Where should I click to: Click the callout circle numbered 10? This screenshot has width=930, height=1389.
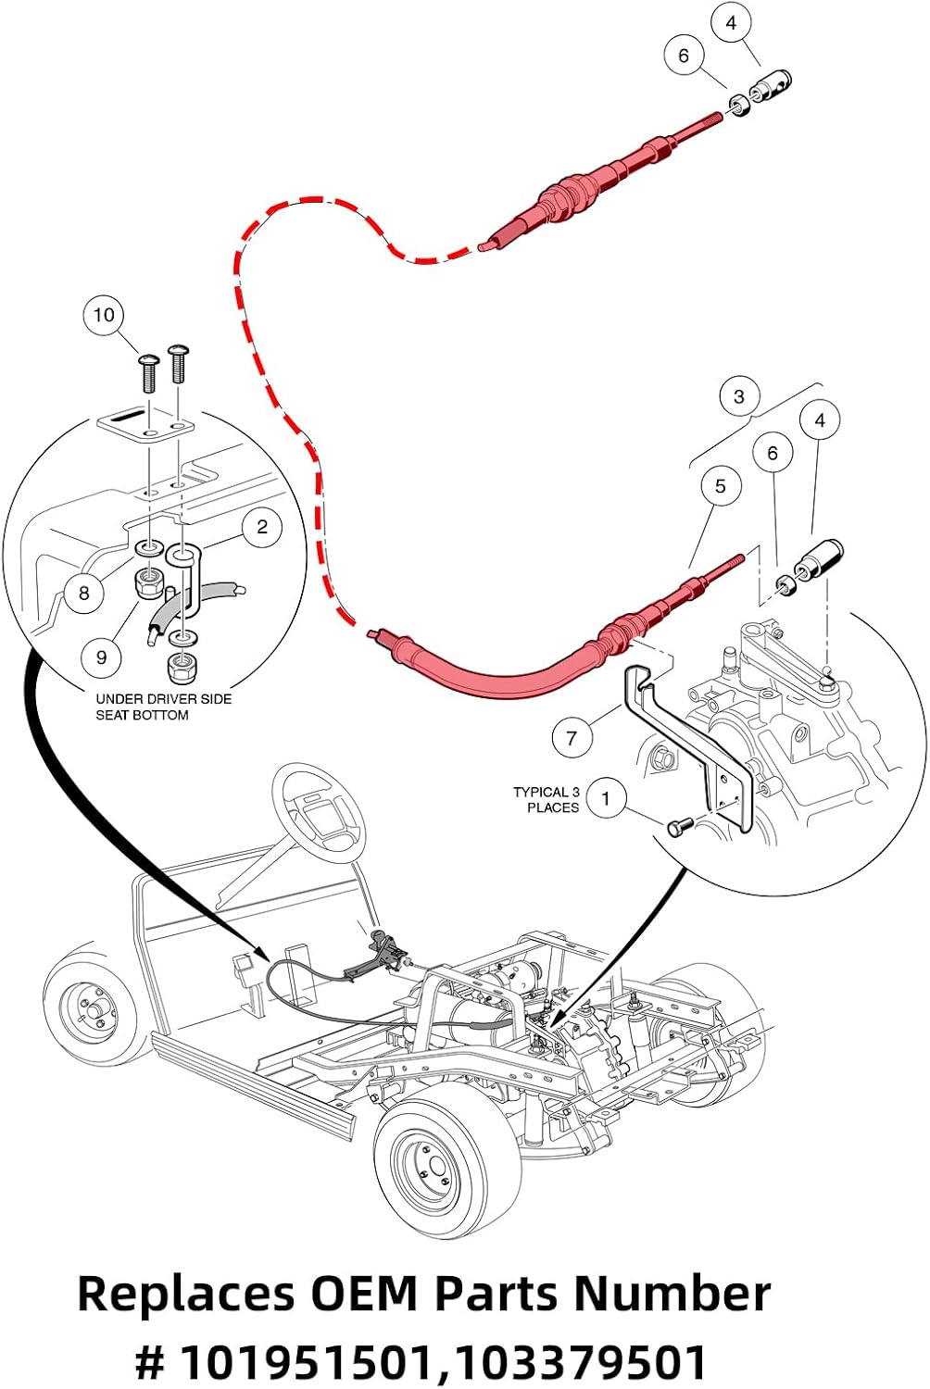click(104, 315)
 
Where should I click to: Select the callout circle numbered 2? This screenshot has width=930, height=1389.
click(262, 527)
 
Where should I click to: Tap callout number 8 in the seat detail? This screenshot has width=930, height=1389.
click(84, 592)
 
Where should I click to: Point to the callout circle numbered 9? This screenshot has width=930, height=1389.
click(101, 657)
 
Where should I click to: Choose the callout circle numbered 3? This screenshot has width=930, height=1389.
click(738, 396)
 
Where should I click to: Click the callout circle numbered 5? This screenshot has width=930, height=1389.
click(720, 486)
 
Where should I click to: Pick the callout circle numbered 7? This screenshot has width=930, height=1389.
click(572, 738)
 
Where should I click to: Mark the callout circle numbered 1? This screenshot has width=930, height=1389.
click(606, 798)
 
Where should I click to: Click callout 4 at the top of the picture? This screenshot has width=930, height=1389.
click(732, 23)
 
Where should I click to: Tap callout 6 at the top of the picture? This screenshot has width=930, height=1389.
click(684, 56)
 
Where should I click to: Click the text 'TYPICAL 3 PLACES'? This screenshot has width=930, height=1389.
click(547, 800)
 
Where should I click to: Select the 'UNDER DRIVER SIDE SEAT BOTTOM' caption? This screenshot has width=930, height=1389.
click(163, 707)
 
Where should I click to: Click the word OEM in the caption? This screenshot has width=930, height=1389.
click(363, 1293)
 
